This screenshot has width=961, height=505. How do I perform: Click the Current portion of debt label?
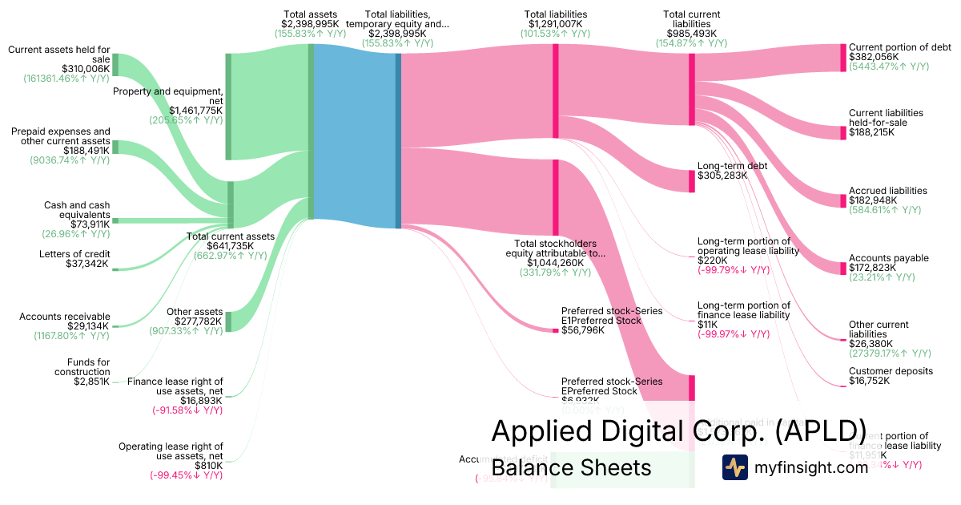click(x=899, y=47)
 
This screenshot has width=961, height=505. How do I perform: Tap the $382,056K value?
click(x=874, y=58)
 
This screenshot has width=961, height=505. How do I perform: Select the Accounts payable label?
click(x=888, y=258)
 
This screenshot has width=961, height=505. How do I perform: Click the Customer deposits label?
click(x=891, y=371)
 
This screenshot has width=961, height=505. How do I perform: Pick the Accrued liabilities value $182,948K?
click(x=875, y=200)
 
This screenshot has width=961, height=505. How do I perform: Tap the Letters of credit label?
click(x=74, y=254)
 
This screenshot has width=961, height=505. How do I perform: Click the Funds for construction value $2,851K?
click(x=88, y=382)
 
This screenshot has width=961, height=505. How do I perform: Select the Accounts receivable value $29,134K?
click(x=87, y=326)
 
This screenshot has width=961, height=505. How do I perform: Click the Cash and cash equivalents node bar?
click(x=115, y=220)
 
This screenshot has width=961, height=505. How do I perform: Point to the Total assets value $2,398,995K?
click(x=310, y=24)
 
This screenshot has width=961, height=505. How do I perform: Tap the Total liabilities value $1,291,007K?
click(x=556, y=24)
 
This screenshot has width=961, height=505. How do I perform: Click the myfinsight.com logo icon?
click(x=734, y=467)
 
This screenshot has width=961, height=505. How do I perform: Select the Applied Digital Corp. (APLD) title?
click(x=678, y=430)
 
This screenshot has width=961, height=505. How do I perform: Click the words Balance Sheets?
click(x=571, y=467)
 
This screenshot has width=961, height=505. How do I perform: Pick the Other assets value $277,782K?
click(x=194, y=321)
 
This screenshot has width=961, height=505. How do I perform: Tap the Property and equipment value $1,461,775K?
click(x=195, y=111)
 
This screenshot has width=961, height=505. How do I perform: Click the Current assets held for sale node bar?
click(x=115, y=64)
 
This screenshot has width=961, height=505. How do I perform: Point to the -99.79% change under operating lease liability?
click(x=734, y=270)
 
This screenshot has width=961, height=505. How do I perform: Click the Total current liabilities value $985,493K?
click(x=692, y=34)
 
